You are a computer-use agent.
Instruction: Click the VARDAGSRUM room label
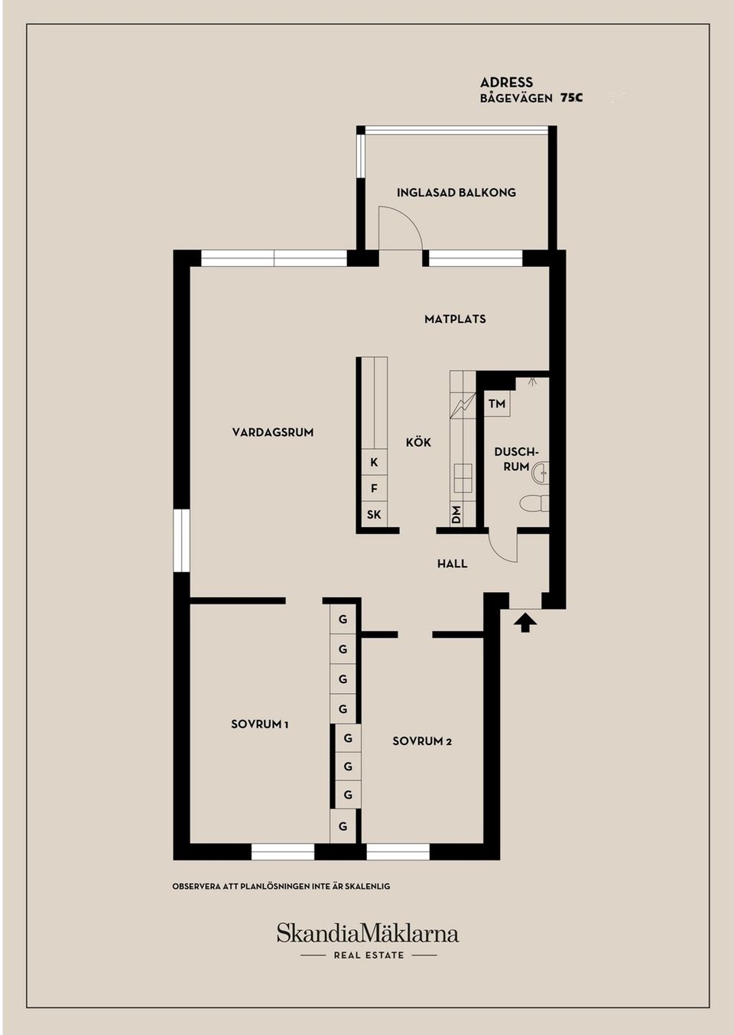coord(272,432)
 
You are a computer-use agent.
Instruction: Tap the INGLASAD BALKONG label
coord(456,193)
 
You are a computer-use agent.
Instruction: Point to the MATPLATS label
coord(455,319)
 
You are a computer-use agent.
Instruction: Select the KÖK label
coord(418,441)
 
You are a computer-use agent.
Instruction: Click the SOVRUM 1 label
coord(260,724)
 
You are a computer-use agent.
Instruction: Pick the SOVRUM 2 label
coord(422,741)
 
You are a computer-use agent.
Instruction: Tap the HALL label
coord(452,563)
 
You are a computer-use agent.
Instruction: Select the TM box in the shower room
coord(497,404)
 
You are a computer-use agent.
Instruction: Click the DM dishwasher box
coord(456,514)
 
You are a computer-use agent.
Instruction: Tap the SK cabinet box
coord(374,514)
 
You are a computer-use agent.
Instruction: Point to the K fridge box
coord(374,462)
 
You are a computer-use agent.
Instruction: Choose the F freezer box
coord(374,488)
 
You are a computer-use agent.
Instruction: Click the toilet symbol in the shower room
coord(535,503)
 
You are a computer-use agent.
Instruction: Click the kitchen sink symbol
coord(463,478)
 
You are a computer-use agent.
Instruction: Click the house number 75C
coord(571,98)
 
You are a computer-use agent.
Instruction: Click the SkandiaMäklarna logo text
coord(368,933)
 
